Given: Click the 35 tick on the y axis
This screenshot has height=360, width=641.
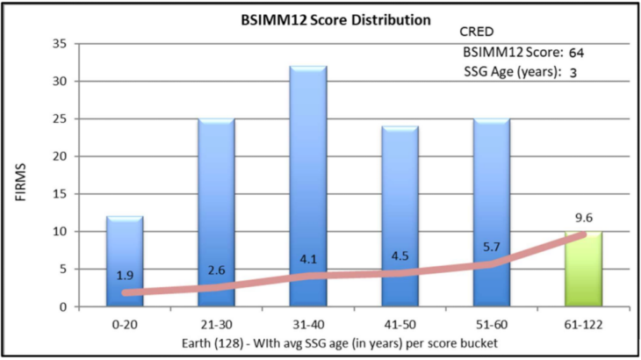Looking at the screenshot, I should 59,44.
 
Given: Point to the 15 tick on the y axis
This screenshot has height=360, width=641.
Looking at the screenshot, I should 59,194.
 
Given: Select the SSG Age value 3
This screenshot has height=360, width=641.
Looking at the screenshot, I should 573,73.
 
